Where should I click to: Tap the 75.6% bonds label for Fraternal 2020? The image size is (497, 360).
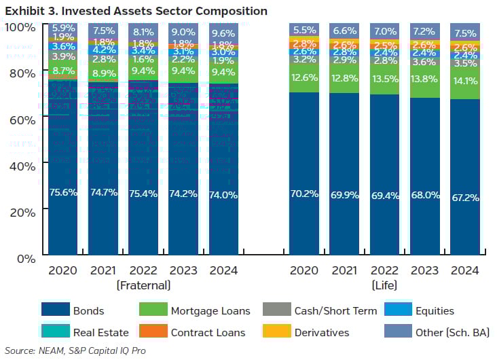(62, 193)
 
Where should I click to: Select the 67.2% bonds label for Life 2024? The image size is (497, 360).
(466, 198)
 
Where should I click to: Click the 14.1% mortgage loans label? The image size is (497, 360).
(466, 81)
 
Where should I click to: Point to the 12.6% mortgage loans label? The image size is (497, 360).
(304, 77)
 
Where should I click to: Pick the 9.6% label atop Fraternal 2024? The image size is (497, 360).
(224, 32)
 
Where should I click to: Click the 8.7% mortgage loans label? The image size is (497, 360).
(62, 70)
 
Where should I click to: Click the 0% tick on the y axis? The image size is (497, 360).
(26, 259)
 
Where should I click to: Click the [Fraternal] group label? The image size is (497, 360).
(143, 285)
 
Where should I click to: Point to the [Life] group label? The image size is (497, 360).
(385, 285)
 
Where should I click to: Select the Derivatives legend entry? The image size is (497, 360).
(320, 333)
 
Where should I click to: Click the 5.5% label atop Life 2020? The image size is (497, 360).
(304, 30)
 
